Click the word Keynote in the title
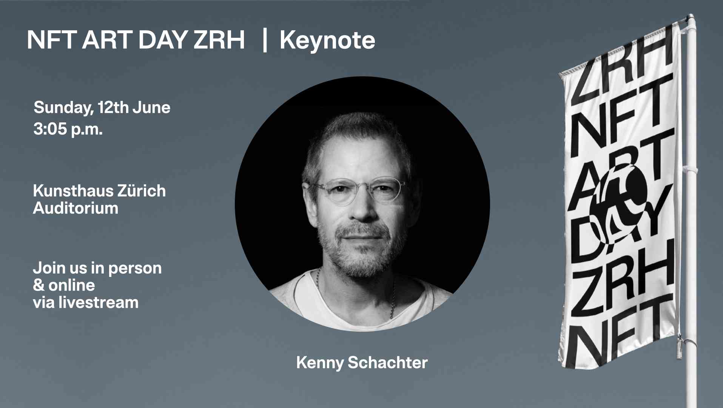327,40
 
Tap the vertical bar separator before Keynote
265,40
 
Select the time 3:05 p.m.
68,129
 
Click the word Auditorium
76,208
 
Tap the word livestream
99,303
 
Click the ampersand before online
39,285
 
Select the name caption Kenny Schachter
362,363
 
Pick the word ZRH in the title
219,40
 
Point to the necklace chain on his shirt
393,298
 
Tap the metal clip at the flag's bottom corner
679,345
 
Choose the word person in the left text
135,269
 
